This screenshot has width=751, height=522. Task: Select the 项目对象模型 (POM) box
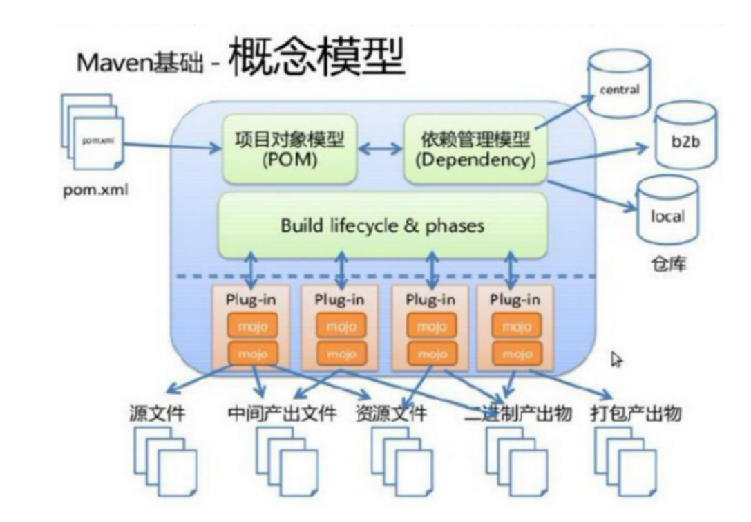(x=288, y=150)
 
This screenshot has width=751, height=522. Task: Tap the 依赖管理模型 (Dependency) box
(x=475, y=150)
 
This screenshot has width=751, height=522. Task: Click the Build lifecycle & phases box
(x=382, y=226)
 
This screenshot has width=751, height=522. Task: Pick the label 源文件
(x=158, y=414)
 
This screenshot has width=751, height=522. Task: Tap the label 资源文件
(x=391, y=414)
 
